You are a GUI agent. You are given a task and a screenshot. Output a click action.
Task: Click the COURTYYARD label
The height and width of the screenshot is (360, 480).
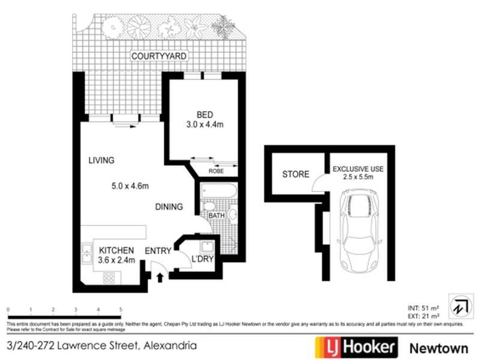pyautogui.click(x=160, y=56)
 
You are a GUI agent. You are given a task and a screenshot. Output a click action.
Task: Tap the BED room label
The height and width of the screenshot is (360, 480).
pyautogui.click(x=205, y=115)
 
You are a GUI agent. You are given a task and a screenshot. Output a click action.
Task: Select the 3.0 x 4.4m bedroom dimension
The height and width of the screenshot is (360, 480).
pyautogui.click(x=205, y=125)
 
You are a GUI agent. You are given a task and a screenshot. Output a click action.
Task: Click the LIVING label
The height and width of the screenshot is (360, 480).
pyautogui.click(x=101, y=160)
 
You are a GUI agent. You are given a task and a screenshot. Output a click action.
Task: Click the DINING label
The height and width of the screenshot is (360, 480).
pyautogui.click(x=169, y=207)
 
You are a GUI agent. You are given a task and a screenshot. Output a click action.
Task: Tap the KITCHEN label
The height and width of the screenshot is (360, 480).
pyautogui.click(x=116, y=250)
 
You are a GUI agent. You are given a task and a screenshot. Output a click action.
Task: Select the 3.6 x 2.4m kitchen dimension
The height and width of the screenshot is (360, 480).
pyautogui.click(x=117, y=260)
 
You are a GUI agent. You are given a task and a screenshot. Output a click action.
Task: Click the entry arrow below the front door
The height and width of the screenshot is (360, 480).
pyautogui.click(x=160, y=277)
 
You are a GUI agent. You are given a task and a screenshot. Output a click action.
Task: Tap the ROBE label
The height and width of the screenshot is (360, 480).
pyautogui.click(x=217, y=171)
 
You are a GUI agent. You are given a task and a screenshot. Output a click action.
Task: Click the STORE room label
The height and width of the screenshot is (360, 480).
pyautogui.click(x=296, y=175)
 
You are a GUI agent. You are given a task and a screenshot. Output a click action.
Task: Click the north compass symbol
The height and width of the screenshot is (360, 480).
pyautogui.click(x=460, y=306)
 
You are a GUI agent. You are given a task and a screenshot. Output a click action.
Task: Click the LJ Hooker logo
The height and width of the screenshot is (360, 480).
pyautogui.click(x=356, y=347)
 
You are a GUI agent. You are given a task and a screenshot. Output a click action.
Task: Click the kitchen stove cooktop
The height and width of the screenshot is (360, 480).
pyautogui.click(x=109, y=277)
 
